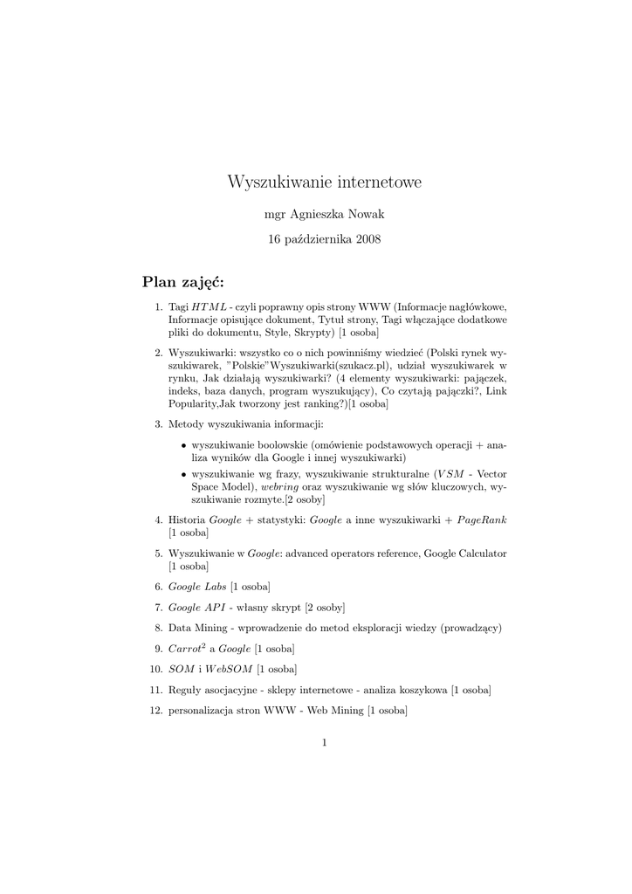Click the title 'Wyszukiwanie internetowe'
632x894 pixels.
tap(324, 182)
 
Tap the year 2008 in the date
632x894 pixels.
tap(368, 238)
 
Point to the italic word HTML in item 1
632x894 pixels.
tap(209, 307)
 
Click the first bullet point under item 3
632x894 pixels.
tap(183, 445)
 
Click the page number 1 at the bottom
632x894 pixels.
tap(324, 742)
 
